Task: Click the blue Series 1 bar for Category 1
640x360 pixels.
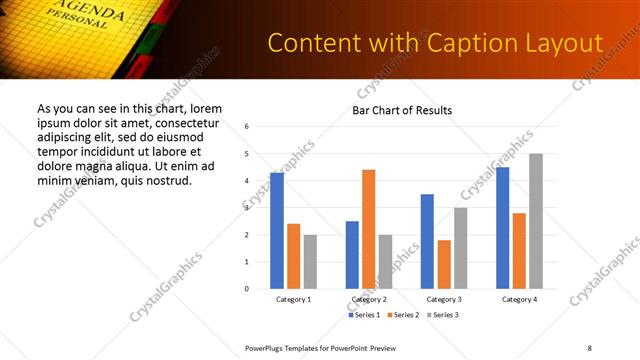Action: pyautogui.click(x=277, y=231)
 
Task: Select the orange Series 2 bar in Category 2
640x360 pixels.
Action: pyautogui.click(x=368, y=229)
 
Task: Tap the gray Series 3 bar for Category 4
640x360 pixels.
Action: pyautogui.click(x=536, y=221)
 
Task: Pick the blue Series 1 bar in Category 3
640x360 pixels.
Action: pyautogui.click(x=427, y=241)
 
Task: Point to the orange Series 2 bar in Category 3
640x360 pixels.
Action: pyautogui.click(x=444, y=264)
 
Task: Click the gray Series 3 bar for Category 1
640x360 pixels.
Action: pyautogui.click(x=310, y=261)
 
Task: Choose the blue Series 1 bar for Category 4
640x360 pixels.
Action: pyautogui.click(x=503, y=228)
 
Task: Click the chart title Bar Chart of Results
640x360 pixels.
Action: pyautogui.click(x=402, y=110)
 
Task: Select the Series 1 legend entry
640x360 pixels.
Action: pyautogui.click(x=364, y=315)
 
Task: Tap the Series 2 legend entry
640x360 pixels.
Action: pyautogui.click(x=403, y=315)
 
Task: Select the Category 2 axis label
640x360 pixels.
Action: pyautogui.click(x=369, y=299)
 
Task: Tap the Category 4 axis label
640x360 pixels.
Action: pyautogui.click(x=519, y=299)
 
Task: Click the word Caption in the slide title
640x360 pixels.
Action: pyautogui.click(x=465, y=44)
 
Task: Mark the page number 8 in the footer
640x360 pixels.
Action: pyautogui.click(x=589, y=347)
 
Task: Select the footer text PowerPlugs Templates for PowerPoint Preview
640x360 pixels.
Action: pyautogui.click(x=320, y=347)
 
